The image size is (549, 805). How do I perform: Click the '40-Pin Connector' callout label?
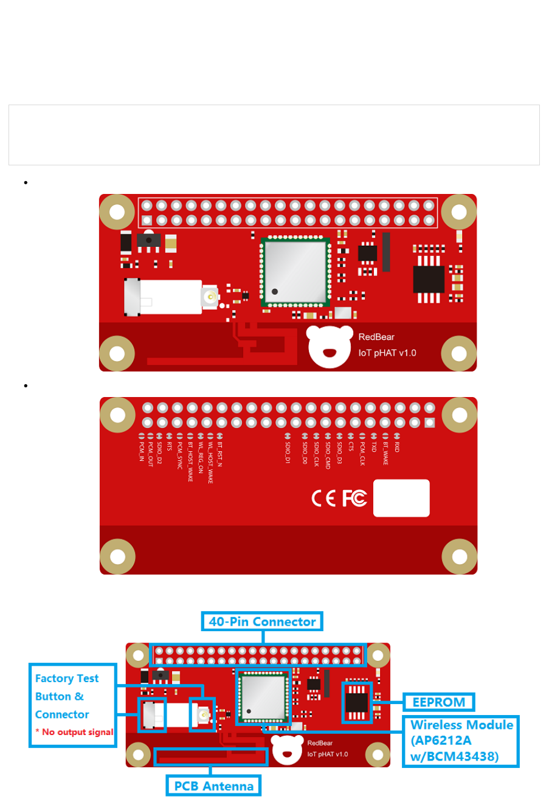point(262,621)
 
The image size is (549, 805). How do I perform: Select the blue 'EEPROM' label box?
point(438,702)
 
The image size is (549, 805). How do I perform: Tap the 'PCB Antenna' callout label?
point(213,786)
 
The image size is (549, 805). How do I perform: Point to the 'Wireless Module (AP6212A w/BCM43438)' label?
point(461,741)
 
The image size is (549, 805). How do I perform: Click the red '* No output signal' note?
point(74,732)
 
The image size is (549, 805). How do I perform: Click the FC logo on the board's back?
point(354,499)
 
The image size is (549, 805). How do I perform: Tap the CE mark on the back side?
point(323,499)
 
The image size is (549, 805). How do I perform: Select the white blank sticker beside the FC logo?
point(401,499)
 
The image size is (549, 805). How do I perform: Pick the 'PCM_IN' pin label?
point(142,452)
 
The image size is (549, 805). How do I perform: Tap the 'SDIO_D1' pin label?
point(288,453)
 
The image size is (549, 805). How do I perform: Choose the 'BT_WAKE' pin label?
point(385,454)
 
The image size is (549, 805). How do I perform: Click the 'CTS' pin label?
point(351,447)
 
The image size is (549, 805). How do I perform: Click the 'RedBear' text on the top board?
point(376,337)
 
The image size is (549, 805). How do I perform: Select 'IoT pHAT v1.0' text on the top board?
point(387,353)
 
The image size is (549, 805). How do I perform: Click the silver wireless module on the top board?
point(295,270)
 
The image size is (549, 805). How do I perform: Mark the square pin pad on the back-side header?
point(430,423)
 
